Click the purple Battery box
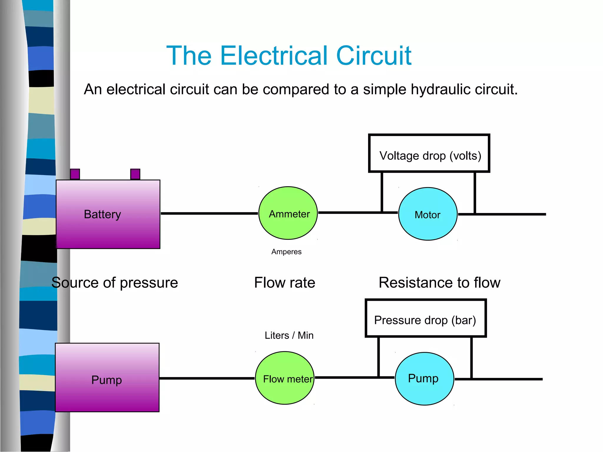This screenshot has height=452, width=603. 108,214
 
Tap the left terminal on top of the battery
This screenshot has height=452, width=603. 75,174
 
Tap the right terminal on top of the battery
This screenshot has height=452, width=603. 135,174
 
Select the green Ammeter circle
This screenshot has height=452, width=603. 288,213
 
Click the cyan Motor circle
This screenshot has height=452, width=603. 428,214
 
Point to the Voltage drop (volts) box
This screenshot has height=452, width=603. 429,153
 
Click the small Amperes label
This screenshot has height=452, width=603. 286,252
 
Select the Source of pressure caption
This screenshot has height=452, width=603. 115,282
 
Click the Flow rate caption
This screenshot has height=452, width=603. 284,282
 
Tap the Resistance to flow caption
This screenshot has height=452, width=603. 439,282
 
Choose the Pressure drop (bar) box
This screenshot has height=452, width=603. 425,318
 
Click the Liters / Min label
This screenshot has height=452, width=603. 289,335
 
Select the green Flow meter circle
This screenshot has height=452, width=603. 285,378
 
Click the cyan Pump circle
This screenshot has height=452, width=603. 424,379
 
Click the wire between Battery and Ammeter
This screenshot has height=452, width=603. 209,213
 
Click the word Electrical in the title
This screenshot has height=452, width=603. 274,56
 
